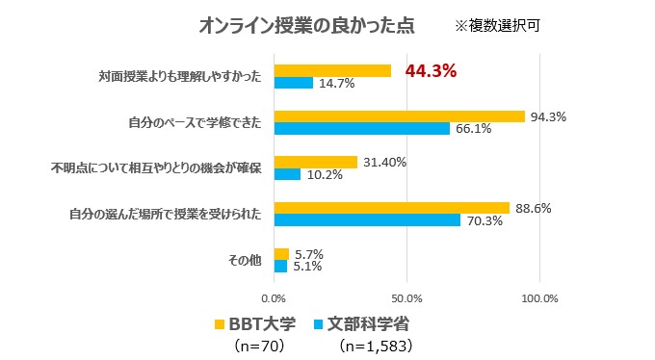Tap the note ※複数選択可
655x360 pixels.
click(497, 26)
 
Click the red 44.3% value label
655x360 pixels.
click(430, 70)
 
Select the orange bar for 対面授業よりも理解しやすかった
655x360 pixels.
click(332, 70)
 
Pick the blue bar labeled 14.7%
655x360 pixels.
click(294, 84)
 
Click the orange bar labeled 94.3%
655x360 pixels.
click(399, 116)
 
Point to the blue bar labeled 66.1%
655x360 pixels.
click(362, 129)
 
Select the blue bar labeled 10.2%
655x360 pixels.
click(288, 175)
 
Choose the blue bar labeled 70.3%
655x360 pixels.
click(368, 220)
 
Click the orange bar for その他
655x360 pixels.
click(281, 253)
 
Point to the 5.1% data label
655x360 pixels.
click(308, 267)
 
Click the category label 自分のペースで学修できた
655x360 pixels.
click(196, 123)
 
